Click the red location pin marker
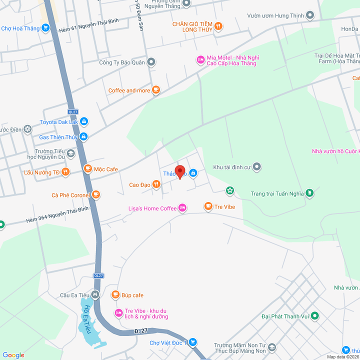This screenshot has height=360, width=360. pos(180,171)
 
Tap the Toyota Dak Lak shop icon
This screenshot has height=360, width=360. pos(84,121)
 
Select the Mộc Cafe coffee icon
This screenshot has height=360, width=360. pos(87,169)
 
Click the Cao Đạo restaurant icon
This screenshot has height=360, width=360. pos(156,185)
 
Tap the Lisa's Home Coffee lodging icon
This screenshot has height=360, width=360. pos(182,208)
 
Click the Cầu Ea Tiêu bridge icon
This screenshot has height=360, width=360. pos(95,294)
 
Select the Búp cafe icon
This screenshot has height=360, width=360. pos(115,295)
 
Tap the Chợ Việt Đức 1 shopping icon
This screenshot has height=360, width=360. pos(193,342)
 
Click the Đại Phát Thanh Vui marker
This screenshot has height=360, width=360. pos(314,315)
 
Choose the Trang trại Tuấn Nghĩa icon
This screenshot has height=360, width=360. pos(309,193)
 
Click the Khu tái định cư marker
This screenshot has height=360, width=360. pos(256,167)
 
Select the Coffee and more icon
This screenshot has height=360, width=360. pos(156,90)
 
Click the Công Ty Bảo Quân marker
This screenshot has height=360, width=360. pos(151,62)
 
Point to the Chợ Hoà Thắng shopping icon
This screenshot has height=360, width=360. pos(45,28)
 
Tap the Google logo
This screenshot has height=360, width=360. pos(13,355)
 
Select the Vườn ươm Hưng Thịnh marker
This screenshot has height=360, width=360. pos(310,16)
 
